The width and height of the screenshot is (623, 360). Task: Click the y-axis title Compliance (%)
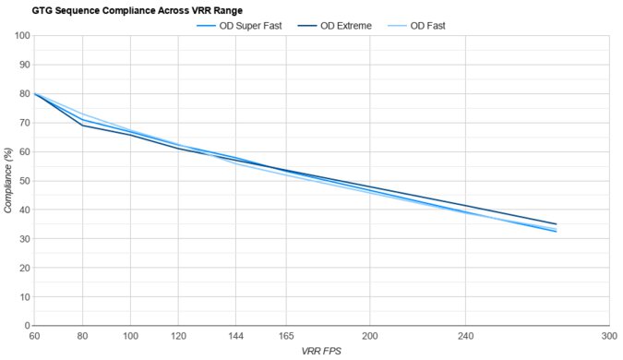pyautogui.click(x=8, y=181)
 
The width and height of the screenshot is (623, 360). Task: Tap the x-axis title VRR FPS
pyautogui.click(x=321, y=352)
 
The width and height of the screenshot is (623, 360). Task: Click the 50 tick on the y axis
pyautogui.click(x=22, y=181)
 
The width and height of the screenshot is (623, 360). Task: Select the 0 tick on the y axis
pyautogui.click(x=26, y=326)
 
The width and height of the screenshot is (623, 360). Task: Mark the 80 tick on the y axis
pyautogui.click(x=22, y=94)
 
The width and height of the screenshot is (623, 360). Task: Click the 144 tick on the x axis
pyautogui.click(x=235, y=337)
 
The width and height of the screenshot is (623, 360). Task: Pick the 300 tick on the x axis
pyautogui.click(x=608, y=337)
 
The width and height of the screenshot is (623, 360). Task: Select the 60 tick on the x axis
pyautogui.click(x=35, y=337)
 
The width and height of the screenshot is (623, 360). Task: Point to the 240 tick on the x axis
pyautogui.click(x=465, y=337)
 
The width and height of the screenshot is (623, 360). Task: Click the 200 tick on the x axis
pyautogui.click(x=369, y=337)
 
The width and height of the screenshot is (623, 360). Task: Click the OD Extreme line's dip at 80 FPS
pyautogui.click(x=83, y=125)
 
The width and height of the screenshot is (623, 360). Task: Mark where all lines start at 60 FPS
pyautogui.click(x=35, y=93)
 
